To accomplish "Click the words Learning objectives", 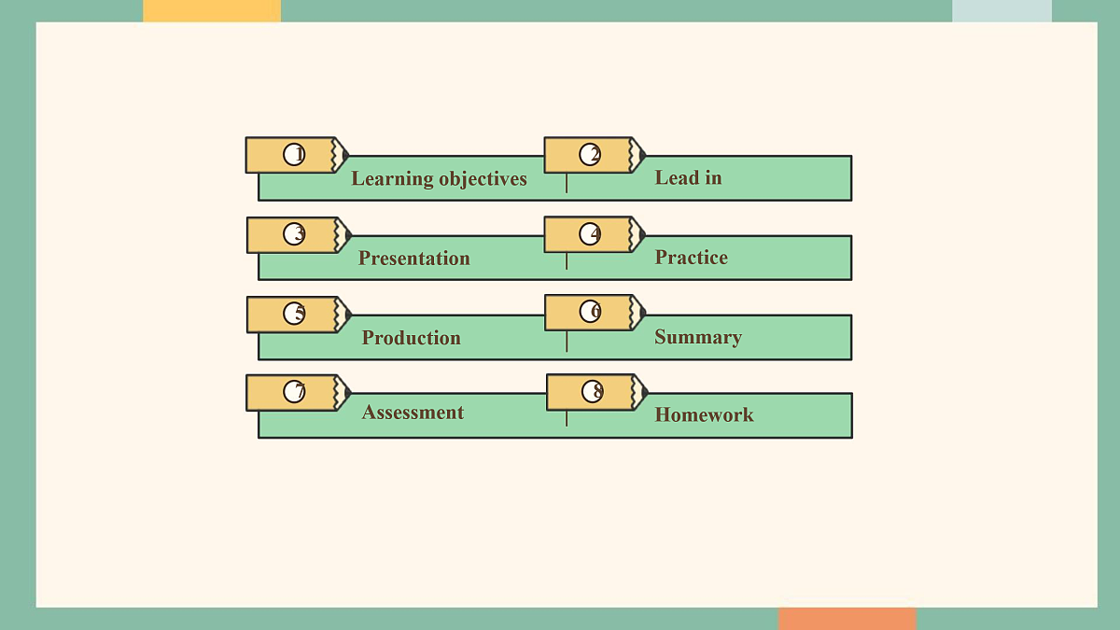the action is pos(439,179).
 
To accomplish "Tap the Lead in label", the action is pos(688,177).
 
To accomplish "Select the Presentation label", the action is pos(414,258).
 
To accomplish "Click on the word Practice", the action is pos(691,257).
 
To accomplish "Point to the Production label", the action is pos(411,338).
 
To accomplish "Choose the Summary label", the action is pos(698,338).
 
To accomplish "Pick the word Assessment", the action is pos(413,412).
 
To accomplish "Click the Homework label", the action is pos(704,414).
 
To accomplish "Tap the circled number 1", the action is pos(294,155).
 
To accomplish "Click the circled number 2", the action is pos(590,155).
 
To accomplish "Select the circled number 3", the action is pos(294,234).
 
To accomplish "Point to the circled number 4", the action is pos(590,234).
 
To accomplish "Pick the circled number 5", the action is pos(294,314).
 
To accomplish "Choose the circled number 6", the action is pos(591,311).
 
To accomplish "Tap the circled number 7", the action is pos(294,391).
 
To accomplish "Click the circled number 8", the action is pos(593,391).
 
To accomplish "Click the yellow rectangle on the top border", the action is pos(212,10).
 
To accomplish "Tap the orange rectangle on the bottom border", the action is pos(847,619).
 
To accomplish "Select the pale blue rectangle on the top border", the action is pos(1002,10).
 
